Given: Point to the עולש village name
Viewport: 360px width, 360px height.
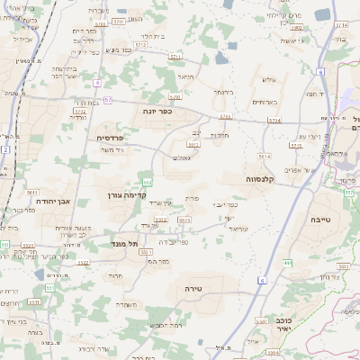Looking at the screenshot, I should pyautogui.click(x=265, y=78).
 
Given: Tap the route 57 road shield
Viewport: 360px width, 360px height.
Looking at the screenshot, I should pyautogui.click(x=108, y=99).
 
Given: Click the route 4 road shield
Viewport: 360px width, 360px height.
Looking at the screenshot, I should pyautogui.click(x=96, y=82).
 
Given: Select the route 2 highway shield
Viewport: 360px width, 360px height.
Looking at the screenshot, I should pyautogui.click(x=5, y=150).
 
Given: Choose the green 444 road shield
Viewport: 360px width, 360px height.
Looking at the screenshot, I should pyautogui.click(x=288, y=261).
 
